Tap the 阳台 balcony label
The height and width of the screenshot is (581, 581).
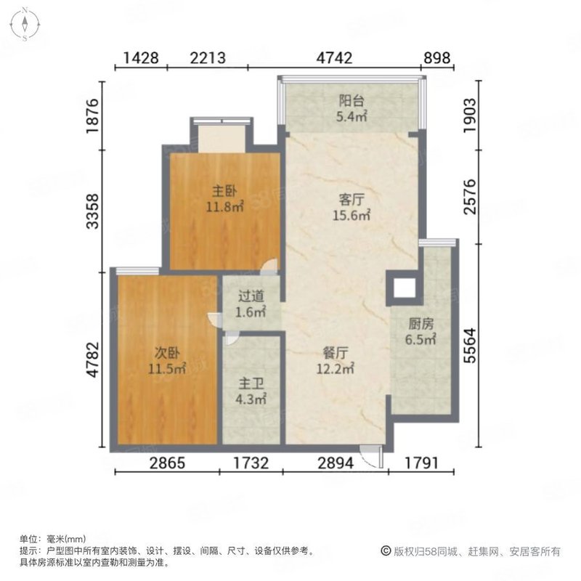pyautogui.click(x=352, y=102)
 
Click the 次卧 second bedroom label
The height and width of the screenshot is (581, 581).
pyautogui.click(x=166, y=354)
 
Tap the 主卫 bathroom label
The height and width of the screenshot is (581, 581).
pyautogui.click(x=251, y=383)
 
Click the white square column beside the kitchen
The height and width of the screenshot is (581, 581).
pyautogui.click(x=404, y=288)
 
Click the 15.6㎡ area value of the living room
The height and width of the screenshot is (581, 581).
pyautogui.click(x=352, y=215)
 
